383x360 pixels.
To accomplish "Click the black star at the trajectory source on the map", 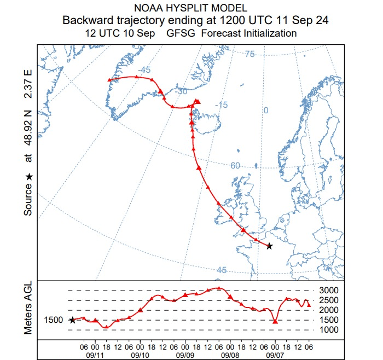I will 269,246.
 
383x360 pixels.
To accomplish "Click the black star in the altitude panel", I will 72,320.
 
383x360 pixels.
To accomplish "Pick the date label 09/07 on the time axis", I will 275,354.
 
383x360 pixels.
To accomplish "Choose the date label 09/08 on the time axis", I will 230,354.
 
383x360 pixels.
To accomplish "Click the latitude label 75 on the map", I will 249,54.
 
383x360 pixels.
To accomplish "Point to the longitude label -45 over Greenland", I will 144,71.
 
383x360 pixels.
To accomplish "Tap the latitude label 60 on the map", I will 235,166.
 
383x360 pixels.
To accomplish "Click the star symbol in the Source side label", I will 29,177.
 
